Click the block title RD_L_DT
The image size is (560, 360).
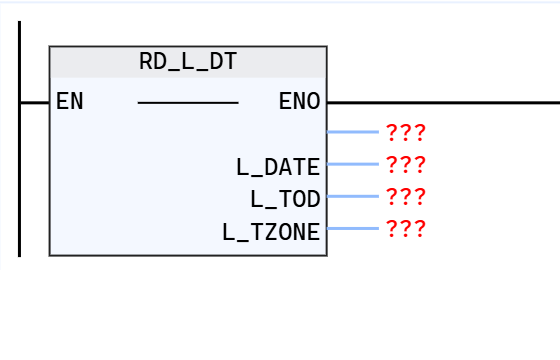(188, 62)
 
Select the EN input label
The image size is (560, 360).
(70, 102)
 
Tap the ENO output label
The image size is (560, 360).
(299, 102)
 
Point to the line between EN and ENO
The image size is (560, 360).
(188, 102)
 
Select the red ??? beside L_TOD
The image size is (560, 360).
(405, 197)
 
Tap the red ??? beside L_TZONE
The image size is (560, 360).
(405, 229)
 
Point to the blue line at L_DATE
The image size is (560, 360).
(352, 164)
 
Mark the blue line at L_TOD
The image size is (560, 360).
(352, 196)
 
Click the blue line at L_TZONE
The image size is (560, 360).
(352, 228)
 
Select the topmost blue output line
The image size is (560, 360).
(352, 131)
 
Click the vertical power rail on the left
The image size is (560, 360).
(20, 180)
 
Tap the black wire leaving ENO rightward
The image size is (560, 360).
(440, 102)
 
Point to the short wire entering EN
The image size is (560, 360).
(35, 102)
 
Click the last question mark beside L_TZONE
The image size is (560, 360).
(420, 229)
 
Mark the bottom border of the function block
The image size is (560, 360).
(188, 255)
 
